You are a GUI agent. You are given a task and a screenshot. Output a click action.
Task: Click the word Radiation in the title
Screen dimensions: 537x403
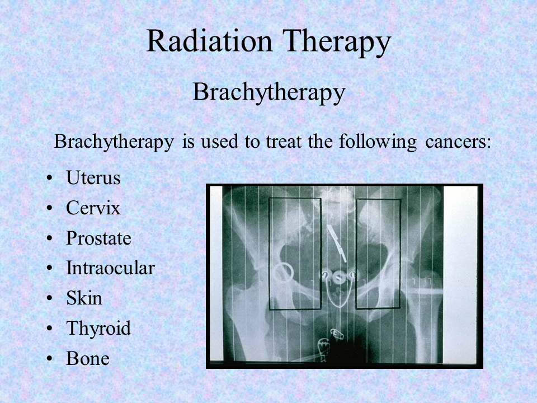pyautogui.click(x=209, y=41)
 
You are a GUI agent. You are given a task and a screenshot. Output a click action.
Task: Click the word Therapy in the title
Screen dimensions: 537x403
pyautogui.click(x=337, y=43)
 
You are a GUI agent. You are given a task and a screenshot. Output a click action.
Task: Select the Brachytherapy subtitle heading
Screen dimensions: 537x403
pyautogui.click(x=269, y=92)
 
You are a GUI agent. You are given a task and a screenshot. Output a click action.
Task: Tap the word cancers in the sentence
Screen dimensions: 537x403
pyautogui.click(x=458, y=141)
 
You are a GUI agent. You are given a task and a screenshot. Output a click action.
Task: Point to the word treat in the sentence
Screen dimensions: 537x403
pyautogui.click(x=284, y=141)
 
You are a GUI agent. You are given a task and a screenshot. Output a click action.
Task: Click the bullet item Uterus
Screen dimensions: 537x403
pyautogui.click(x=93, y=177)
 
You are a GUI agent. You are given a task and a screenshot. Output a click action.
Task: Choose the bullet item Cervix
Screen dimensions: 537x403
pyautogui.click(x=93, y=208)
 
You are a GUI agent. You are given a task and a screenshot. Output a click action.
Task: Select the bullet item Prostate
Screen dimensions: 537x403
pyautogui.click(x=98, y=238)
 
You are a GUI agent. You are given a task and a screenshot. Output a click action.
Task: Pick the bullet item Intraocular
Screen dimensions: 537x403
pyautogui.click(x=110, y=268)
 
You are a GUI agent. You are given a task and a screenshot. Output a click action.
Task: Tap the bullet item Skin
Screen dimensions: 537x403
pyautogui.click(x=84, y=298)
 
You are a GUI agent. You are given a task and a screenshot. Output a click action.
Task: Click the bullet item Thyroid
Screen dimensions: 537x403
pyautogui.click(x=98, y=329)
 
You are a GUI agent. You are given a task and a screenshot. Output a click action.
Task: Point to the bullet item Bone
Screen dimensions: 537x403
pyautogui.click(x=88, y=358)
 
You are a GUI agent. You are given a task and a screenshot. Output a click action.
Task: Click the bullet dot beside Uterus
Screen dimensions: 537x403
pyautogui.click(x=50, y=178)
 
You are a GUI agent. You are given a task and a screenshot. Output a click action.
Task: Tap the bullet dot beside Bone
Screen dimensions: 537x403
pyautogui.click(x=50, y=359)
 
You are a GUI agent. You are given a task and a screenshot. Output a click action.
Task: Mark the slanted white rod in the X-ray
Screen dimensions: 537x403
pyautogui.click(x=337, y=243)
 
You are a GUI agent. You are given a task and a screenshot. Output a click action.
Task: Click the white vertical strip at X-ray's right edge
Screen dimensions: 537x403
pyautogui.click(x=460, y=274)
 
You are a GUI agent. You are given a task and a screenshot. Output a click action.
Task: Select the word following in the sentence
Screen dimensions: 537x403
pyautogui.click(x=378, y=142)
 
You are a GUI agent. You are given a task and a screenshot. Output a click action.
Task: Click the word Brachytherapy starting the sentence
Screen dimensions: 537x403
pyautogui.click(x=114, y=142)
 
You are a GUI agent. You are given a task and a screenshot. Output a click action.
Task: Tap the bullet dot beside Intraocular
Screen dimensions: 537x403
pyautogui.click(x=50, y=268)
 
